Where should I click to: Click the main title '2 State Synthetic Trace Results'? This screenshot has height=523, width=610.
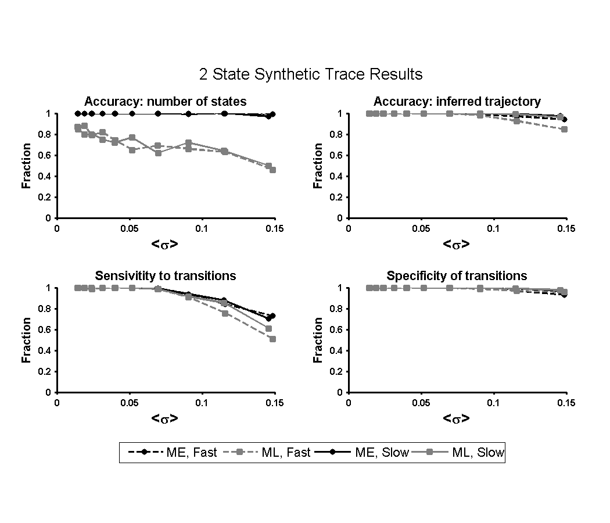pos(308,74)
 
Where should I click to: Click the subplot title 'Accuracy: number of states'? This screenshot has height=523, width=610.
pos(166,102)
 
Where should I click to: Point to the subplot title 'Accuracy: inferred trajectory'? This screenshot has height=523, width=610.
pos(457,102)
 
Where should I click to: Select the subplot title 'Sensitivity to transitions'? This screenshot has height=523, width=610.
pos(166,275)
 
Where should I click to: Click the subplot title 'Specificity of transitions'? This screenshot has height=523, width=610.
pos(457,275)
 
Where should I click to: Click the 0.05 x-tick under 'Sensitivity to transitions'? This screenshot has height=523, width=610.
pos(129,403)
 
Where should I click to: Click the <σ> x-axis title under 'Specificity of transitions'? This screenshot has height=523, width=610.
pos(456,418)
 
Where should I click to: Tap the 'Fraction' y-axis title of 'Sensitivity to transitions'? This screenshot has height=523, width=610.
pos(26,340)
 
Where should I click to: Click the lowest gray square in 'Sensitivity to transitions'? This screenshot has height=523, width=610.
pos(272,339)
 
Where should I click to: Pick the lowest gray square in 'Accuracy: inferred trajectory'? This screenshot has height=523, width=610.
pos(564,129)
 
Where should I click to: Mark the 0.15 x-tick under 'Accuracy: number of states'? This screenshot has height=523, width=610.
pos(274,228)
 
